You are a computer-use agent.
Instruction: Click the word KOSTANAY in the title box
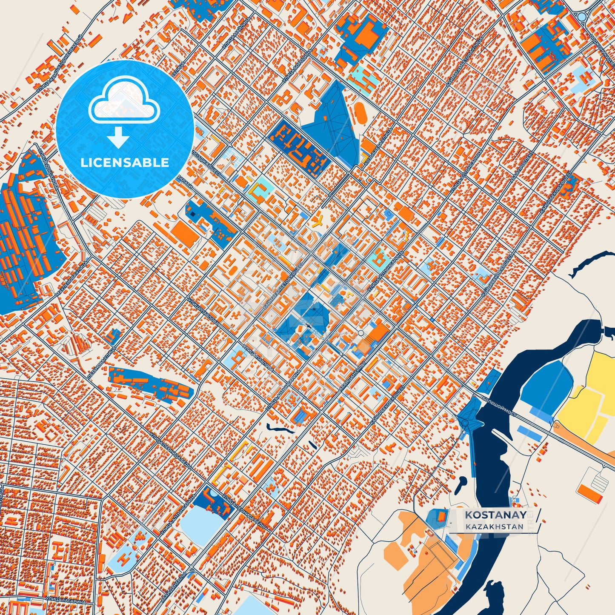[x=495, y=515]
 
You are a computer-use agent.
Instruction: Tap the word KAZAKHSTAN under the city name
[x=494, y=526]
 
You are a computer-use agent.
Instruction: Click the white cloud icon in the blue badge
[x=124, y=103]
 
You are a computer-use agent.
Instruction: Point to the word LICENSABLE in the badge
[x=125, y=163]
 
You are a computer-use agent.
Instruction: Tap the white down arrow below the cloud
[x=118, y=137]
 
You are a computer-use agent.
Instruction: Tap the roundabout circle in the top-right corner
[x=581, y=16]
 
